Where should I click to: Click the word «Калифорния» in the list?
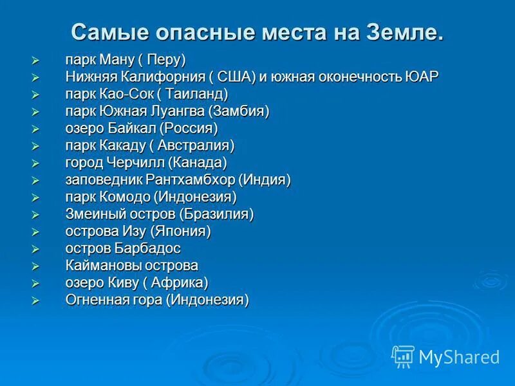[x=160, y=77]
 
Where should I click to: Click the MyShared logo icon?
[x=403, y=356]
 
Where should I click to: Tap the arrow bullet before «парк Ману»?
[x=36, y=60]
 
